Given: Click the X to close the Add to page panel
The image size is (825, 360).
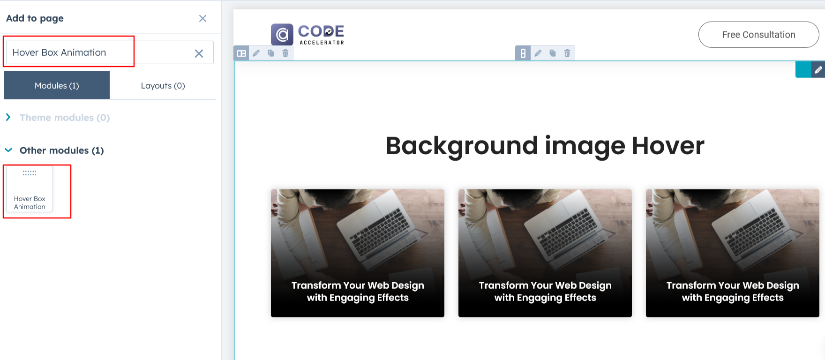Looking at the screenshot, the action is coord(202,18).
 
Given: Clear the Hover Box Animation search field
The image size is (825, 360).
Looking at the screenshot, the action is coord(199,53).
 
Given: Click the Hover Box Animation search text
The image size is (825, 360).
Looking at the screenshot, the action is coord(60,52).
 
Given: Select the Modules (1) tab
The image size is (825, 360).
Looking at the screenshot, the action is coord(57,85).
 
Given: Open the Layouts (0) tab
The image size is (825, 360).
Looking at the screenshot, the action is coord(163,85).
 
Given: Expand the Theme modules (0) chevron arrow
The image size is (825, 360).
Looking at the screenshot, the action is coord(8,117).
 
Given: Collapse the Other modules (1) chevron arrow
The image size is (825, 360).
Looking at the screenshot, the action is coord(8,150).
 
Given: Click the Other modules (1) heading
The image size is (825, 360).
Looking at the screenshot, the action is coord(62,150).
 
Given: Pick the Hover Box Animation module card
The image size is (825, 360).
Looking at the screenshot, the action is coord(30,189).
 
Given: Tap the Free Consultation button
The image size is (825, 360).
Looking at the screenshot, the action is coord(758,35).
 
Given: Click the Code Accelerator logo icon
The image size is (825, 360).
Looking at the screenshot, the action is coord(282,35).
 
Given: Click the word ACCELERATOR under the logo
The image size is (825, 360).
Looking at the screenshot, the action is coord(322,43).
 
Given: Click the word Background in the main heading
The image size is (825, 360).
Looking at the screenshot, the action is coord(462,146).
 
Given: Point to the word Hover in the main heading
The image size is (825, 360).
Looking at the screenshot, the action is coord(668,146).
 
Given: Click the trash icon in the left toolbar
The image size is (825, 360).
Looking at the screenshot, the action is coord(285,53).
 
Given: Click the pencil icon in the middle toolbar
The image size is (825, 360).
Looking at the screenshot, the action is coord(538,53).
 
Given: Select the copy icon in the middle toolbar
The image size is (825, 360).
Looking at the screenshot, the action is coord(553,53).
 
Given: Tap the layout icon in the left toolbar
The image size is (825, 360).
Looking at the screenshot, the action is coord(241,53).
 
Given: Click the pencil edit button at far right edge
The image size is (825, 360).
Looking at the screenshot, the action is coord(818,70).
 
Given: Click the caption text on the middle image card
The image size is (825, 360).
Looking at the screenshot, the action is coord(545,292).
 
